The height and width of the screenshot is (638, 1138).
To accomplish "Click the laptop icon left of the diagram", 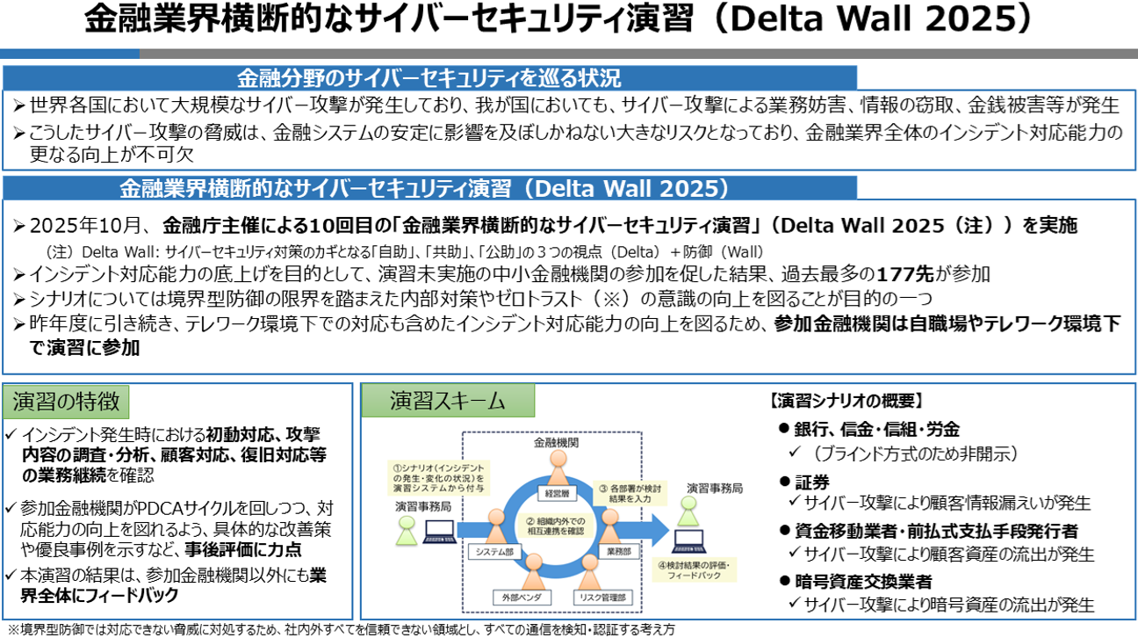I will pos(438,529).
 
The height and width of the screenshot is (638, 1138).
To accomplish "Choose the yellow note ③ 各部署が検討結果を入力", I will pos(630,493).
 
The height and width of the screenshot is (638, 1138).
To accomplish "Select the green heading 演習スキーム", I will pos(448,401).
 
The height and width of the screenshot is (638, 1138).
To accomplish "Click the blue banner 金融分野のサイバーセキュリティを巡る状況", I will pos(429,76).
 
